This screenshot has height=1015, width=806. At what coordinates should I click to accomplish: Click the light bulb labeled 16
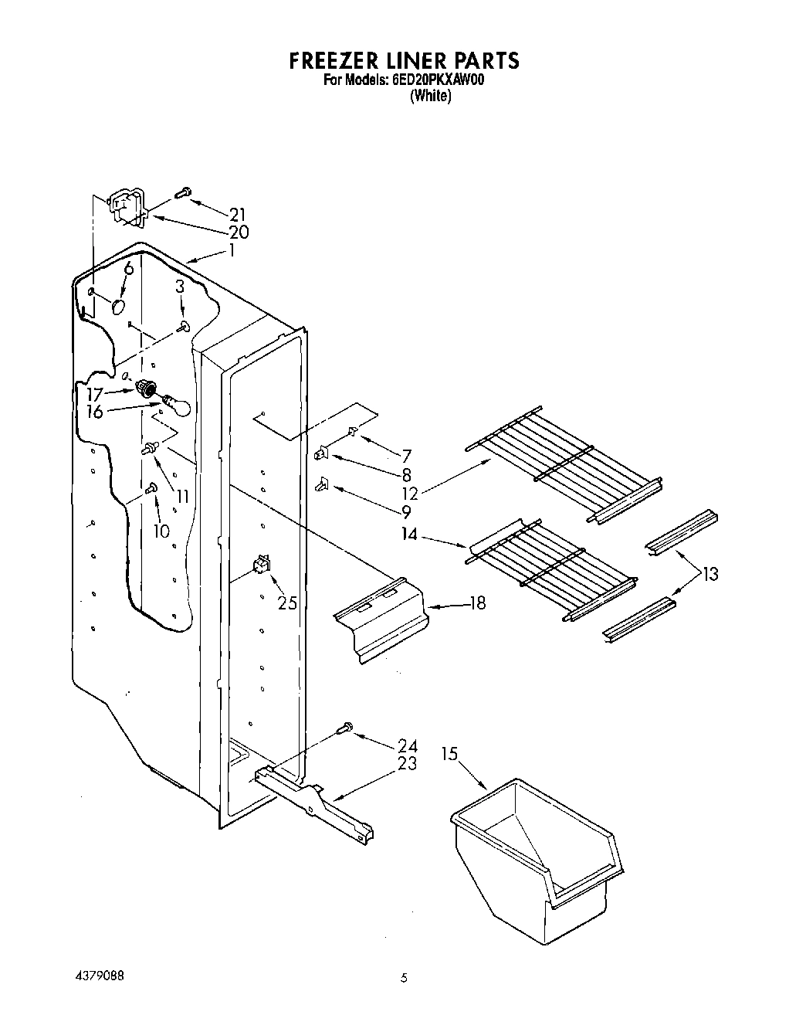tap(177, 405)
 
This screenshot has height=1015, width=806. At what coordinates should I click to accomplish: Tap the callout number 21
tap(236, 214)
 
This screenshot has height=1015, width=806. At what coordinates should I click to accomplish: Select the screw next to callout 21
tap(184, 192)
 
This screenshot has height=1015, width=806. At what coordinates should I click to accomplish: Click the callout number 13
tap(709, 574)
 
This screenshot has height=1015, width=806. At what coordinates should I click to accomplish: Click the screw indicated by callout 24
tap(345, 728)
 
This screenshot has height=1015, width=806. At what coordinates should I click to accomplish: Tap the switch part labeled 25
tap(262, 566)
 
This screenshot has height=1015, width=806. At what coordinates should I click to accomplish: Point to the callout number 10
tap(161, 531)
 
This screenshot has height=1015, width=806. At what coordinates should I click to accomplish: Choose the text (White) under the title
tap(430, 97)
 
